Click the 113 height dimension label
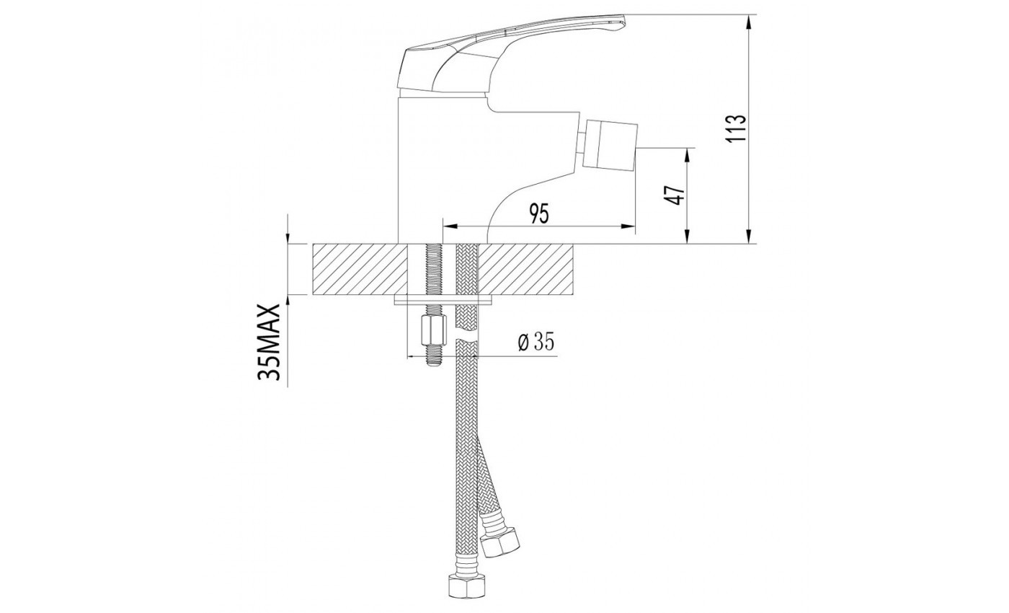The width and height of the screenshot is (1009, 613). [x=736, y=128]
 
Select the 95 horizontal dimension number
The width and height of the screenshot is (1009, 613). [x=539, y=213]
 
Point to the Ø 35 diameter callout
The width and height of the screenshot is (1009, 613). [x=535, y=343]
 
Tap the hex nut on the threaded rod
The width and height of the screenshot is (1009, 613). [x=433, y=330]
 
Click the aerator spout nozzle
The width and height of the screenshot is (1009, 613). [x=610, y=145]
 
